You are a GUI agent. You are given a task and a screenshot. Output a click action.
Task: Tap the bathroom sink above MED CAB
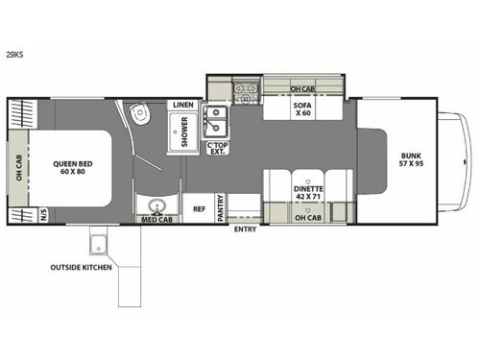point(156,204)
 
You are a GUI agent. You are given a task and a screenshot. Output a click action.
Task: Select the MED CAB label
point(156,219)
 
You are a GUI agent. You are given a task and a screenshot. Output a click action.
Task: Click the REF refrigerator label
point(200,207)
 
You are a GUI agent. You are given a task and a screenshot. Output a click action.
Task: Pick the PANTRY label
point(220,209)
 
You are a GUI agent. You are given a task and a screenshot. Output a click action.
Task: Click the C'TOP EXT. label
point(218,150)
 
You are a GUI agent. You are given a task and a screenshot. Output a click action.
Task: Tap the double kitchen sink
point(217,121)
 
